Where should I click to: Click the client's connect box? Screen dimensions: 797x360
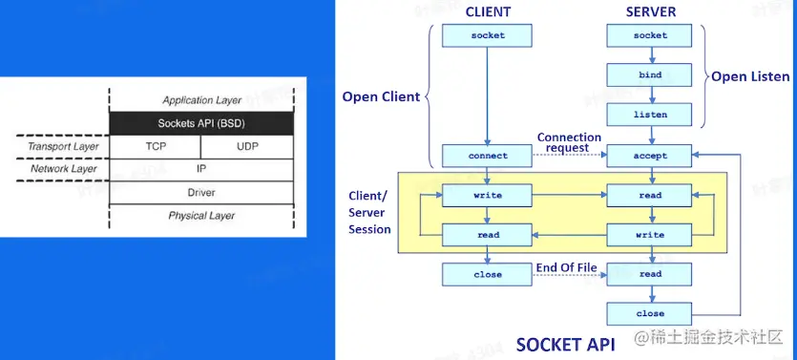point(487,156)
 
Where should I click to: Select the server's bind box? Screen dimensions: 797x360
point(650,74)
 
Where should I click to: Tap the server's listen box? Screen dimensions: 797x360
point(650,115)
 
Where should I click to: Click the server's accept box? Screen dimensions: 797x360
point(650,156)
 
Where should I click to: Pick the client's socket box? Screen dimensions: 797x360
point(487,35)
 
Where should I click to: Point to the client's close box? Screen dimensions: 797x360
point(487,275)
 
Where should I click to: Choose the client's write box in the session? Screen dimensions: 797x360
point(487,195)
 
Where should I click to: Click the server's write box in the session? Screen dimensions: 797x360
point(650,235)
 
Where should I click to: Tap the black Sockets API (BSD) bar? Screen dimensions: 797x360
point(201,123)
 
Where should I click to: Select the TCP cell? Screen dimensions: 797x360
point(155,146)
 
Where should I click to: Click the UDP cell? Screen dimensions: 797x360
point(247,146)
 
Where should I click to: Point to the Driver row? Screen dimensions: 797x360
point(201,192)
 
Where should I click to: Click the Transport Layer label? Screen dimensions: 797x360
point(64,147)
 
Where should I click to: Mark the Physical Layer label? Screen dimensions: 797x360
point(201,216)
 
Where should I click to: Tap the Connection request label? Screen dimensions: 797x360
point(569,142)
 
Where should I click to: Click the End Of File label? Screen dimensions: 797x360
point(566,267)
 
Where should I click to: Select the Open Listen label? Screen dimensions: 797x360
point(750,76)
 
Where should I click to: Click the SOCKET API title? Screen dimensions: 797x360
point(565,345)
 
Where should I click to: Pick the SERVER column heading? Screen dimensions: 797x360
point(651,12)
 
